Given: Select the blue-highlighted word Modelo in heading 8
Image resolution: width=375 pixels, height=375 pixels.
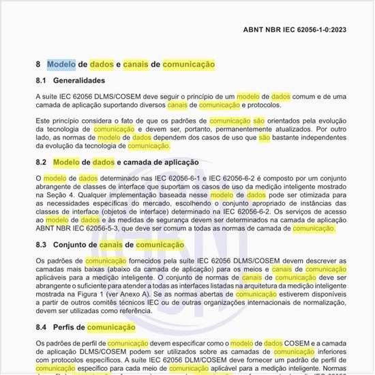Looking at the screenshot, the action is [x=61, y=64].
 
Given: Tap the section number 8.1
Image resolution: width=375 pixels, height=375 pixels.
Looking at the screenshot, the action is [x=40, y=81].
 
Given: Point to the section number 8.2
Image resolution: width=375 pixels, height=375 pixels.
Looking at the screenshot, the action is [x=40, y=163].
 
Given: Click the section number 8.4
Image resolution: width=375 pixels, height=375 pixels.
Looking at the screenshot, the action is [x=40, y=327].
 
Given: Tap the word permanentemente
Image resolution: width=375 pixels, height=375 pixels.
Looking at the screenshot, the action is [x=250, y=128].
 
